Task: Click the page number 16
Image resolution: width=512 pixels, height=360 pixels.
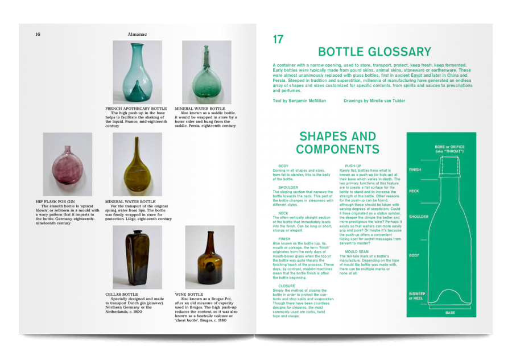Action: click(x=38, y=34)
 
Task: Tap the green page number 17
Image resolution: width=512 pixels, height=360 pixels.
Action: click(x=278, y=39)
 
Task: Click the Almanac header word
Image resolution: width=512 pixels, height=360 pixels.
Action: click(x=138, y=34)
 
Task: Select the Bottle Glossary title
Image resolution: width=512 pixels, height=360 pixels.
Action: click(x=374, y=52)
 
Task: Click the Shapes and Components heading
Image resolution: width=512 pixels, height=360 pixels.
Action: click(x=337, y=143)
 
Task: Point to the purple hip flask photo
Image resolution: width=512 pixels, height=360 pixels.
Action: click(x=68, y=164)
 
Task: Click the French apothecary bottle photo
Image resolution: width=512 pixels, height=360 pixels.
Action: click(x=137, y=72)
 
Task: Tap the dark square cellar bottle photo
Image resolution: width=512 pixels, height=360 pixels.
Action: click(x=137, y=257)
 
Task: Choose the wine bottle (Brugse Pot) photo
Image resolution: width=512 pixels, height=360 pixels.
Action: click(x=209, y=257)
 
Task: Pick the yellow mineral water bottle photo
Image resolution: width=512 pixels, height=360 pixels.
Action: click(x=137, y=164)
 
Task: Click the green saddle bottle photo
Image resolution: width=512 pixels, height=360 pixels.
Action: click(x=207, y=72)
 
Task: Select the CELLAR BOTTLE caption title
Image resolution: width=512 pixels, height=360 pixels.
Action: click(x=121, y=295)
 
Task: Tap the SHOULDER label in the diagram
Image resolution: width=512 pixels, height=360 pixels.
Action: click(x=418, y=217)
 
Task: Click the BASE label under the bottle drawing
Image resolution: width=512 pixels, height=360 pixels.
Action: click(x=449, y=313)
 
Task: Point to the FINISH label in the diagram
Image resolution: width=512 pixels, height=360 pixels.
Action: click(x=415, y=169)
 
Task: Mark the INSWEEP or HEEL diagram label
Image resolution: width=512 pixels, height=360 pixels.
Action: click(x=417, y=296)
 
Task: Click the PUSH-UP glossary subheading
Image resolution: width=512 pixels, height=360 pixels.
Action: click(x=353, y=166)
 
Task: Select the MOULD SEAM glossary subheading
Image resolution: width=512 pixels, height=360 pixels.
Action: click(x=356, y=251)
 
